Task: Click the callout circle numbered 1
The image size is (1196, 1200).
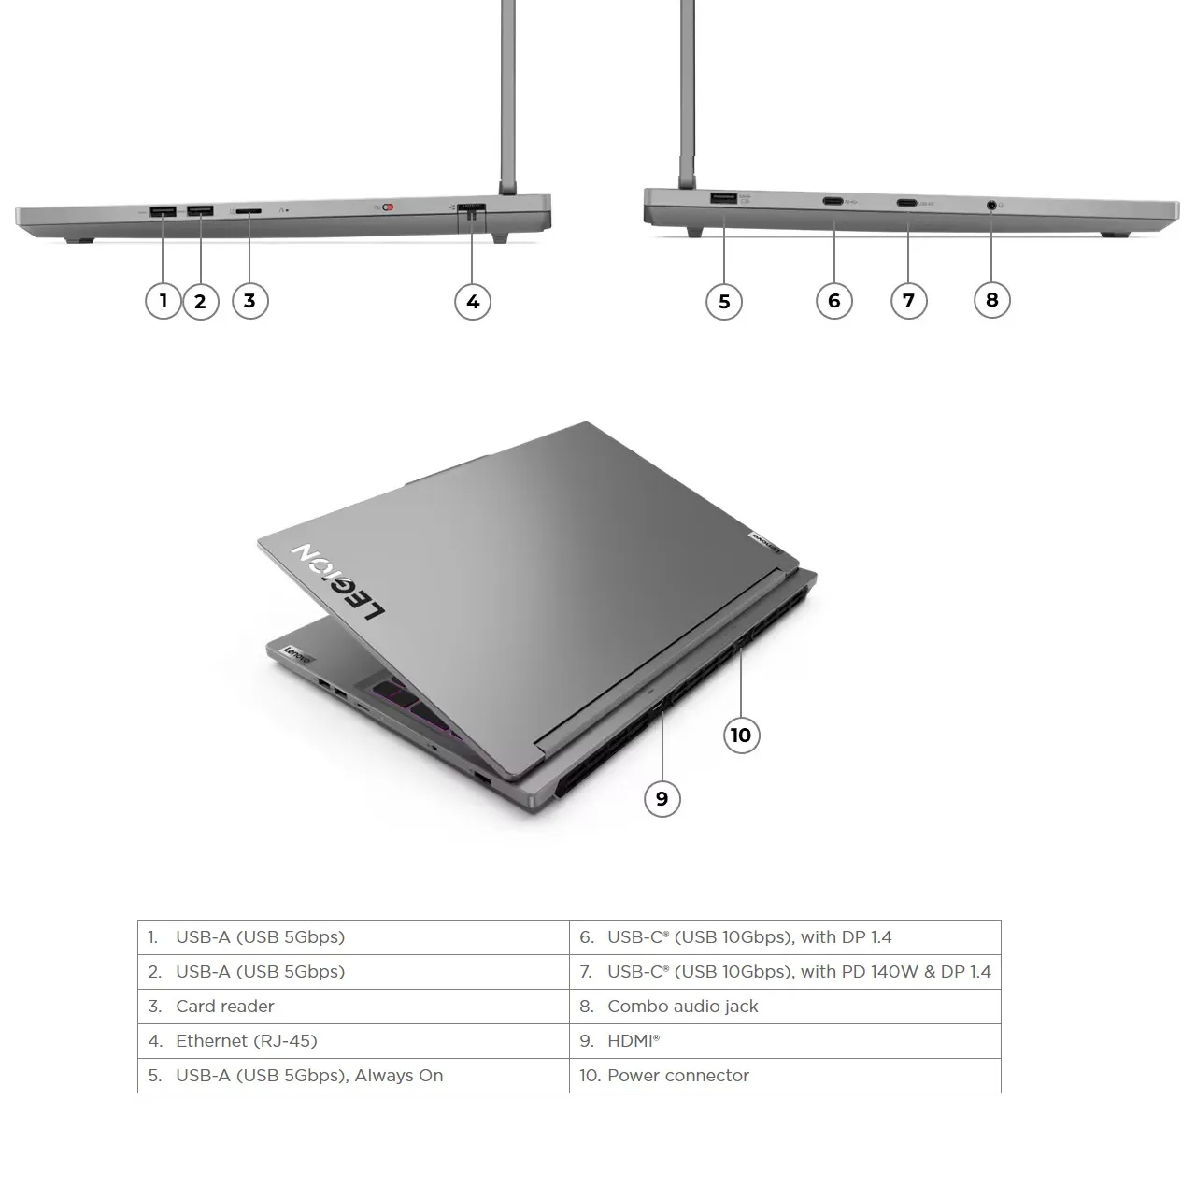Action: (x=164, y=301)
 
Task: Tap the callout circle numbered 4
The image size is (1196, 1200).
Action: (x=473, y=302)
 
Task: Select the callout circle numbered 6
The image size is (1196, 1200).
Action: (x=834, y=301)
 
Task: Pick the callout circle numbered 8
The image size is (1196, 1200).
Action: (x=992, y=300)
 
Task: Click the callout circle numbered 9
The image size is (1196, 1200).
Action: (x=662, y=799)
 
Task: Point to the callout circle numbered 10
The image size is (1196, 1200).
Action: (x=741, y=736)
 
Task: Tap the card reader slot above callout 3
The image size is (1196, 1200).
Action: (x=249, y=211)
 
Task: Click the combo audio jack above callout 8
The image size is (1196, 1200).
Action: (x=991, y=203)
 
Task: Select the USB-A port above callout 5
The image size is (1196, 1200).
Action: (x=723, y=198)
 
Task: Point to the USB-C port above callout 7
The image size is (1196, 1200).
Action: (x=906, y=202)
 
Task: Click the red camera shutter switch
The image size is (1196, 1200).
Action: (x=389, y=207)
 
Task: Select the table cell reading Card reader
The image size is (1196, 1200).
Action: (x=353, y=1007)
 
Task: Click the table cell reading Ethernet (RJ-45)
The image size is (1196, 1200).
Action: (x=353, y=1041)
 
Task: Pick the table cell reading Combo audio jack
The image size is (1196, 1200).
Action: (x=785, y=1007)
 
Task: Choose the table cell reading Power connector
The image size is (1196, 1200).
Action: (x=785, y=1076)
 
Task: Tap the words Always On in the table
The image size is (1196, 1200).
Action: (x=399, y=1076)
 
